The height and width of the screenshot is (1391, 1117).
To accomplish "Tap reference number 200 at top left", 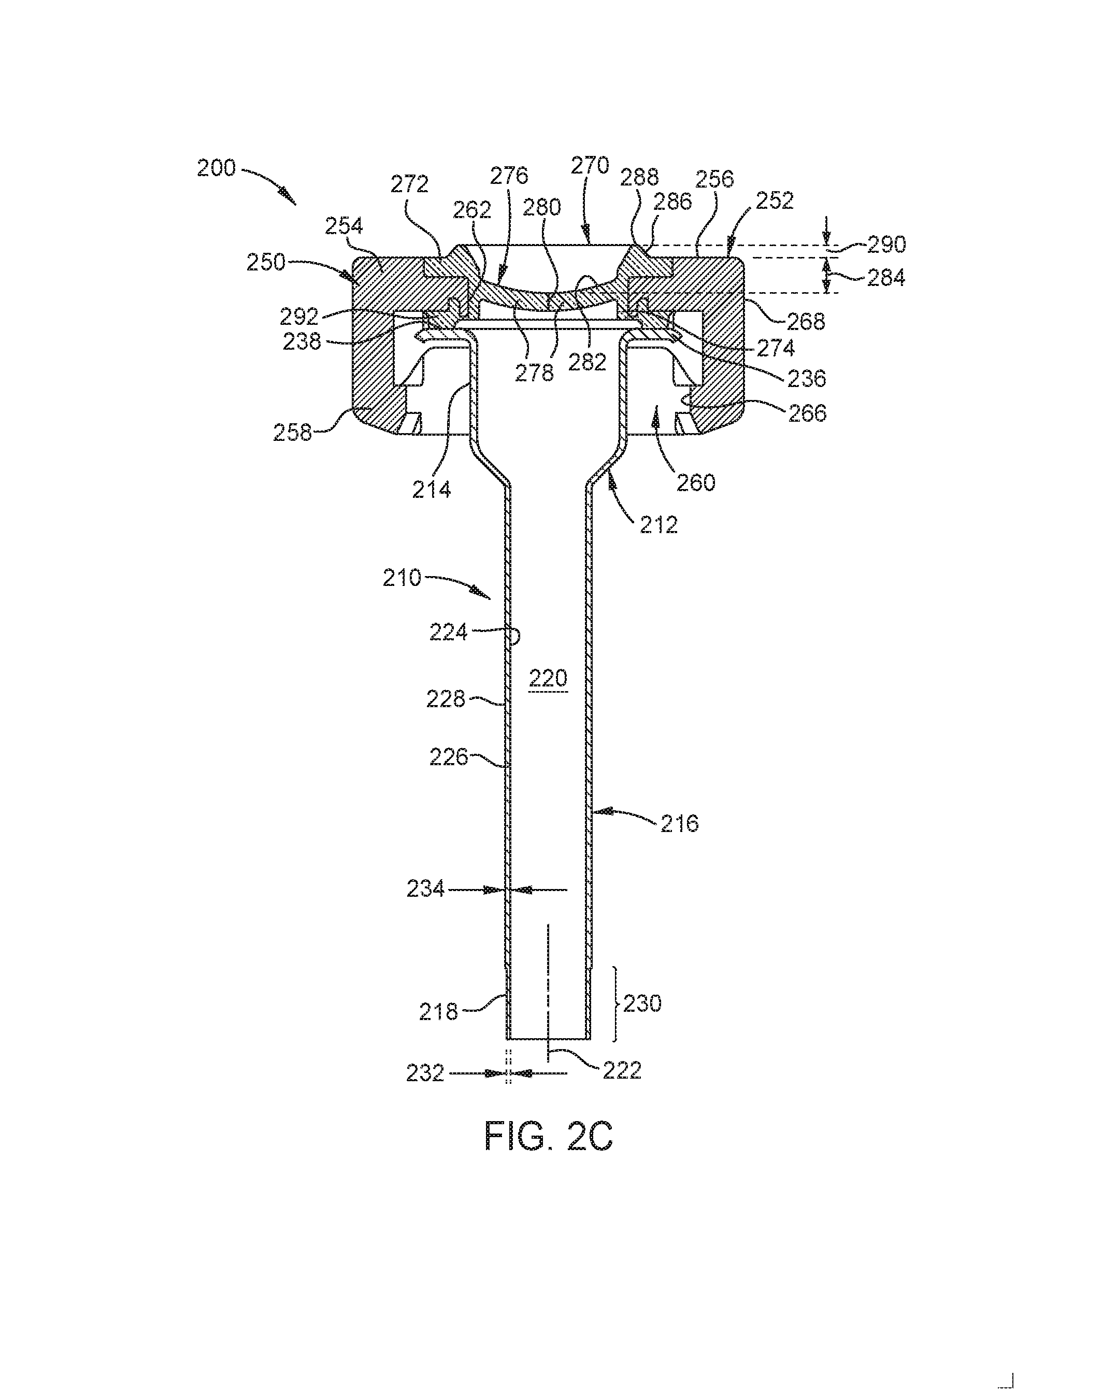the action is click(x=216, y=168).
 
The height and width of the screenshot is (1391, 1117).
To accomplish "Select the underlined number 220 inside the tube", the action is click(x=548, y=678).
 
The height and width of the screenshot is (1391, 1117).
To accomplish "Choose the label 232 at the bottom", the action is click(x=425, y=1073).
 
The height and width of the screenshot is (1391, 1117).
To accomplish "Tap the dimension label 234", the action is click(x=426, y=890).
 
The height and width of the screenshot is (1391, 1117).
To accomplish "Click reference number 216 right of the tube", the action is click(x=680, y=823).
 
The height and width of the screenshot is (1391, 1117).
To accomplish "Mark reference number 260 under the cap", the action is click(x=696, y=483).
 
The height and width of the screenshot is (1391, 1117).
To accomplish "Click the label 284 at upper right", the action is click(x=885, y=278).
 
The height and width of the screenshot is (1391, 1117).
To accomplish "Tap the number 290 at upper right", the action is click(x=886, y=245).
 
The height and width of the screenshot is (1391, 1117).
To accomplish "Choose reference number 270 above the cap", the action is click(x=590, y=166).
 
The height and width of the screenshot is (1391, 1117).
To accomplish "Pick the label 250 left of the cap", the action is click(x=266, y=262).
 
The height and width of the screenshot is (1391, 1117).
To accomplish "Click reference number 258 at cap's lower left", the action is click(x=292, y=432).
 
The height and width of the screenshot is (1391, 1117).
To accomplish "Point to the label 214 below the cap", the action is click(x=432, y=490).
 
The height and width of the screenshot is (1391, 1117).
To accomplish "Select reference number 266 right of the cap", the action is click(x=807, y=412).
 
